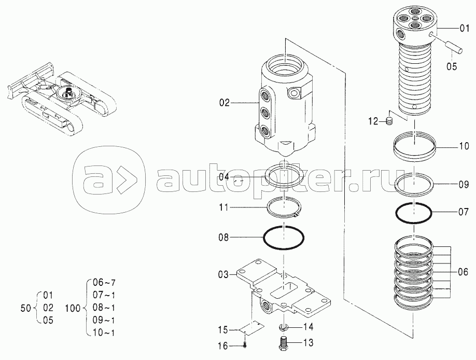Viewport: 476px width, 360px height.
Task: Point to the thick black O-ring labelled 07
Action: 414,212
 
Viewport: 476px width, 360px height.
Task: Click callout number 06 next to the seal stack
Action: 463,271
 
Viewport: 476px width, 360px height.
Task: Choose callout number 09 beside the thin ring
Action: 463,184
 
